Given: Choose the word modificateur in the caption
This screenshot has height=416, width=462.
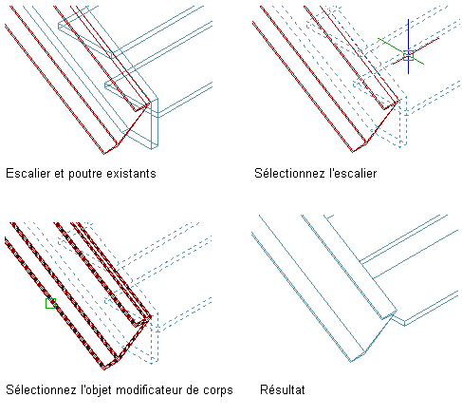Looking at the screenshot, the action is (149, 389).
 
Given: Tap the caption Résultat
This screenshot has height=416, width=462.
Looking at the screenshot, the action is (283, 389).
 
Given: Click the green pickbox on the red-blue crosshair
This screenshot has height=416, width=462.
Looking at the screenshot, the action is (408, 55).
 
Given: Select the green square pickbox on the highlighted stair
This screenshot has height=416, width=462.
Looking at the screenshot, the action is (50, 303).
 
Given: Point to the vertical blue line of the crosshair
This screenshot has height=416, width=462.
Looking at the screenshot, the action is (408, 47).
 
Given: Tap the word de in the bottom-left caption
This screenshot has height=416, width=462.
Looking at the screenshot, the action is (193, 389).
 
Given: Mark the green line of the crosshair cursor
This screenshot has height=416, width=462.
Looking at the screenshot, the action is (400, 51).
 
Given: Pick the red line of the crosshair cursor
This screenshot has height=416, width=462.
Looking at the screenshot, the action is (416, 51).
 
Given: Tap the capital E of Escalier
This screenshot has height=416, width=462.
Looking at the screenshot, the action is (9, 174).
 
